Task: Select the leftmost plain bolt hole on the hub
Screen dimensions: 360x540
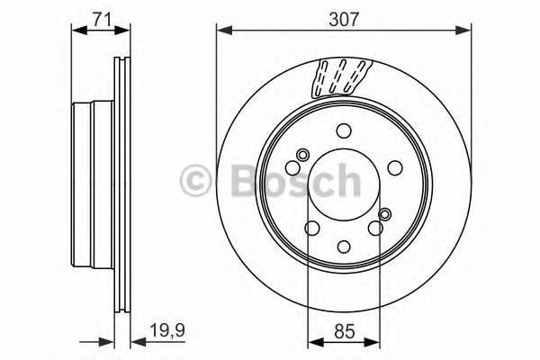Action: pyautogui.click(x=293, y=167)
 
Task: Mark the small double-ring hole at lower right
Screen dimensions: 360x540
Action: pyautogui.click(x=385, y=214)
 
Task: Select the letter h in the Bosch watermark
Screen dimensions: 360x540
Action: pyautogui.click(x=345, y=180)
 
